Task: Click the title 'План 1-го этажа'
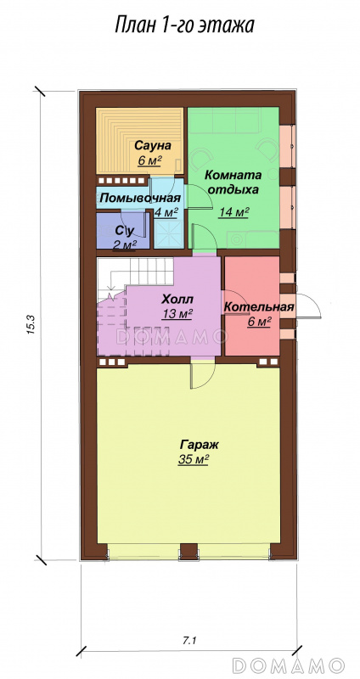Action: pos(184,25)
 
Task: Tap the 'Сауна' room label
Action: pos(153,144)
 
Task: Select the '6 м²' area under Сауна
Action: pos(150,160)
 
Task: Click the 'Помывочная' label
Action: pos(140,199)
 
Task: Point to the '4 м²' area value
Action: pos(166,213)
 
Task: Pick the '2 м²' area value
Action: pos(125,244)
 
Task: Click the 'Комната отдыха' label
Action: pos(233,182)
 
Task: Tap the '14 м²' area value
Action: pos(233,213)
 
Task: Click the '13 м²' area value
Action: pos(177,314)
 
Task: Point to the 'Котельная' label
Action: pos(259,307)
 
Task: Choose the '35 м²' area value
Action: pos(194,460)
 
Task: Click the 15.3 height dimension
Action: pos(31,325)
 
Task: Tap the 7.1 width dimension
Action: pos(188,640)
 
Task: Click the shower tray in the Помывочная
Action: pos(169,235)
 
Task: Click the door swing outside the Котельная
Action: pos(308,306)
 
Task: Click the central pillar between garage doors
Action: pos(188,551)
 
